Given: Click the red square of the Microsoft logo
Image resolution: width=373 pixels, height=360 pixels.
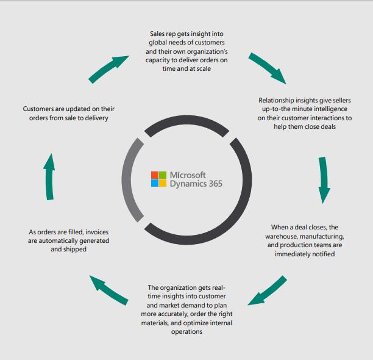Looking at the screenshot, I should [x=155, y=174].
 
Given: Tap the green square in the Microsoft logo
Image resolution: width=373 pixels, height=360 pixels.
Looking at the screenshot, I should [x=163, y=174].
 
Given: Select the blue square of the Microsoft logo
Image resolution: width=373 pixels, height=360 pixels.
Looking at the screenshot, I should [x=155, y=182].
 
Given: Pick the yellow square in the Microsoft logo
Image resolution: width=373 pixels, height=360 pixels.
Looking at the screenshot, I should [x=163, y=182].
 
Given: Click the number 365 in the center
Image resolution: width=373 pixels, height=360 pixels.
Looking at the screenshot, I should [x=214, y=182].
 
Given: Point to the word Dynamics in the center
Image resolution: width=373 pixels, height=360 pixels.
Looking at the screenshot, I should [x=187, y=182].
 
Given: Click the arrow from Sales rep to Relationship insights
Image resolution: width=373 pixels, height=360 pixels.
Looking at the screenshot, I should [x=268, y=68].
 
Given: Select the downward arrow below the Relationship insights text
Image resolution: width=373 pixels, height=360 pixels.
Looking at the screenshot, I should [x=324, y=181].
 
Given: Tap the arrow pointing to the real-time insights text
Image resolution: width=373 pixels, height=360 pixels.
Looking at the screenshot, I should [x=266, y=292].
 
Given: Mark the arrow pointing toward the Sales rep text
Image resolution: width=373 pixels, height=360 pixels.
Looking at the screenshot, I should [x=109, y=68].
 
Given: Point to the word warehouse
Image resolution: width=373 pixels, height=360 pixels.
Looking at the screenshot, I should [x=284, y=236].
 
